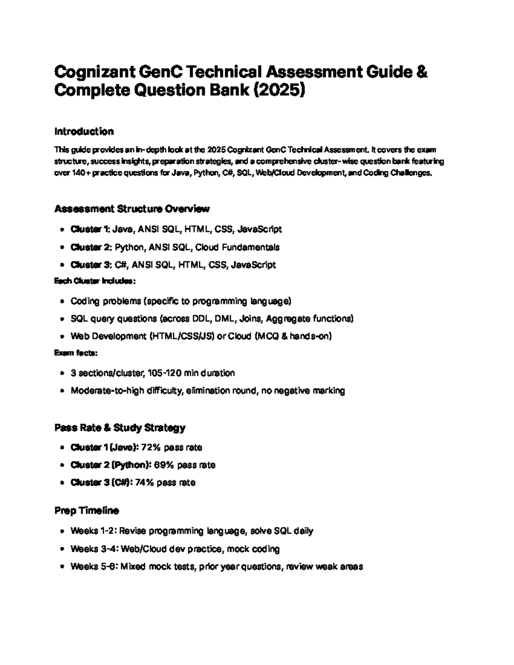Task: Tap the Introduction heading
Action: coord(84,131)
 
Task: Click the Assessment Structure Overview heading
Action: coord(132,209)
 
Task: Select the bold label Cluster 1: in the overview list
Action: coord(90,230)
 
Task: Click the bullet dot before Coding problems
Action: coord(63,301)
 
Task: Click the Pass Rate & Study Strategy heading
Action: coord(120,428)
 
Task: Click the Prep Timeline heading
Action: coord(87,511)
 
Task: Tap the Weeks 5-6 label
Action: coord(93,567)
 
